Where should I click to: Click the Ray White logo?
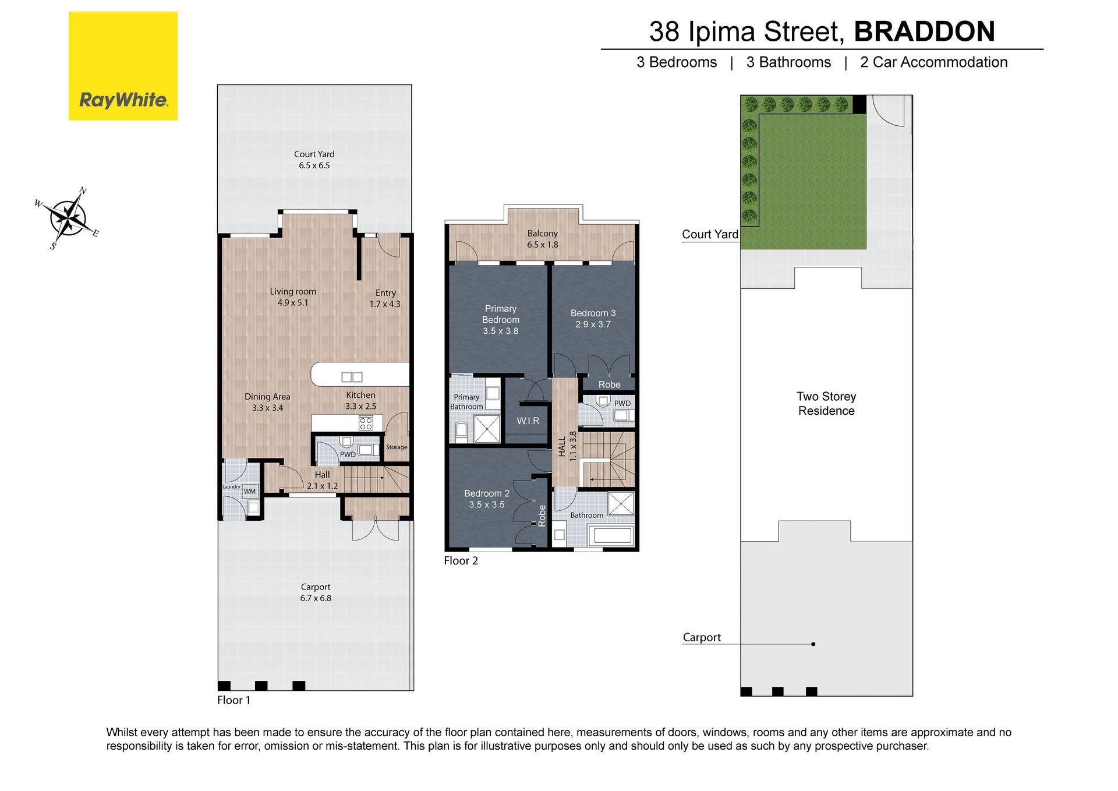coord(123,66)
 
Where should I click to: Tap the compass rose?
coord(68,219)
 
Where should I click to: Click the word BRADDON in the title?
coord(925,31)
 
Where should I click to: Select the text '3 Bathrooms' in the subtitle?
coord(788,62)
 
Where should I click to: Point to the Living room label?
coord(293,291)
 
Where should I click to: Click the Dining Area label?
coord(267,397)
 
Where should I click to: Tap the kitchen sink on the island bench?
coord(352,377)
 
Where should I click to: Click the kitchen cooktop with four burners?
coord(366,423)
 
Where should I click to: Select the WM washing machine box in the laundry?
coord(250,491)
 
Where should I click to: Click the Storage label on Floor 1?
coord(397,447)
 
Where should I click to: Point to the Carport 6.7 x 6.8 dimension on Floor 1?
coord(316,598)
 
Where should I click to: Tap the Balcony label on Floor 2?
coord(543,234)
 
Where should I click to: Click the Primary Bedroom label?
coord(501,314)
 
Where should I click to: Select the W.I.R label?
coord(528,421)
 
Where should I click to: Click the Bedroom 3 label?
coord(593,313)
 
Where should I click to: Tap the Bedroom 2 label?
coord(487,493)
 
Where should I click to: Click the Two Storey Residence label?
coord(826,404)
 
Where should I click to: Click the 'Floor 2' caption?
coord(461,561)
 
